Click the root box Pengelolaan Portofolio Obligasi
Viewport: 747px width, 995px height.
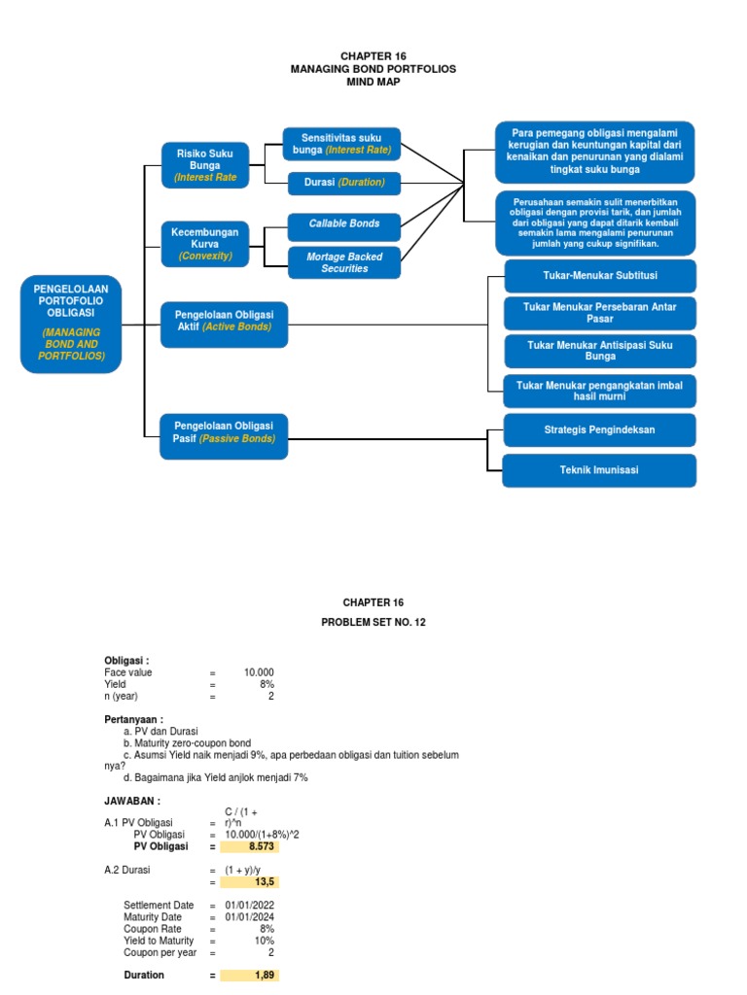70,324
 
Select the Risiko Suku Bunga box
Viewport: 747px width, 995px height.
205,164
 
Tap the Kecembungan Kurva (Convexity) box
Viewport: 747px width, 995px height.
205,243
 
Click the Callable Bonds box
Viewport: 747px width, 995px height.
344,224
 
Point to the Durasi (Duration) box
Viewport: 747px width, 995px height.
344,183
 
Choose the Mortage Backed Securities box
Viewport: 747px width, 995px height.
344,262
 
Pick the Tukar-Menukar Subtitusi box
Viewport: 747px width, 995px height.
599,275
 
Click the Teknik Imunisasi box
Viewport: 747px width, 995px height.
599,470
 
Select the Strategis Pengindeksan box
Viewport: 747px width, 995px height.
599,429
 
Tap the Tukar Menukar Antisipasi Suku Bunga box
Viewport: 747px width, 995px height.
599,351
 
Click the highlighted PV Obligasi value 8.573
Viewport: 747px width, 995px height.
250,846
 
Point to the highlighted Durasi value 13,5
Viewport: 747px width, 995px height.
250,882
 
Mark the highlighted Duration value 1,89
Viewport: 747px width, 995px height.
250,975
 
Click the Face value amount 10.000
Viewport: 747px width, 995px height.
259,672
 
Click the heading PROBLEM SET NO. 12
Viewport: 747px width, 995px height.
373,623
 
